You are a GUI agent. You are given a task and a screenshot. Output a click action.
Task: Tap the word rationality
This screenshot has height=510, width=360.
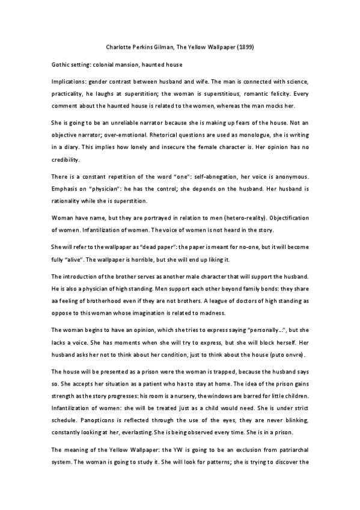point(70,201)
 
